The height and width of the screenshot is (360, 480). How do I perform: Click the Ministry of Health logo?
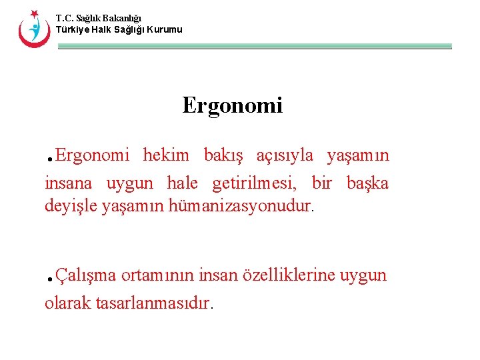pos(33,29)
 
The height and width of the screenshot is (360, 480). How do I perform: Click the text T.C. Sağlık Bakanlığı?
pos(99,19)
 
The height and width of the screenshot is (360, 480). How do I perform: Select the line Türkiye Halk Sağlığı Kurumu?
pos(119,30)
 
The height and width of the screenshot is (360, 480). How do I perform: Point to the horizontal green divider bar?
pos(255,47)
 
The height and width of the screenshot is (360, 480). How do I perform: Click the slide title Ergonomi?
pos(233,105)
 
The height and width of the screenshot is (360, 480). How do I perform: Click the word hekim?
pos(165,156)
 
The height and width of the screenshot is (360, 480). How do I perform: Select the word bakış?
pos(224,156)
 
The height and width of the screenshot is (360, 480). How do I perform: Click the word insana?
pos(66,183)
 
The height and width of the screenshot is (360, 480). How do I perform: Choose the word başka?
pos(367,183)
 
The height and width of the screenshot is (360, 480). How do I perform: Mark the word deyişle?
pos(71,207)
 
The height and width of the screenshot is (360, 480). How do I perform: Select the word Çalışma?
pos(86,275)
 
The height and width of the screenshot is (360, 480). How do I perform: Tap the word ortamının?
pos(149,275)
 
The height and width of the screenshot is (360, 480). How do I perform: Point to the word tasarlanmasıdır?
pos(154,303)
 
